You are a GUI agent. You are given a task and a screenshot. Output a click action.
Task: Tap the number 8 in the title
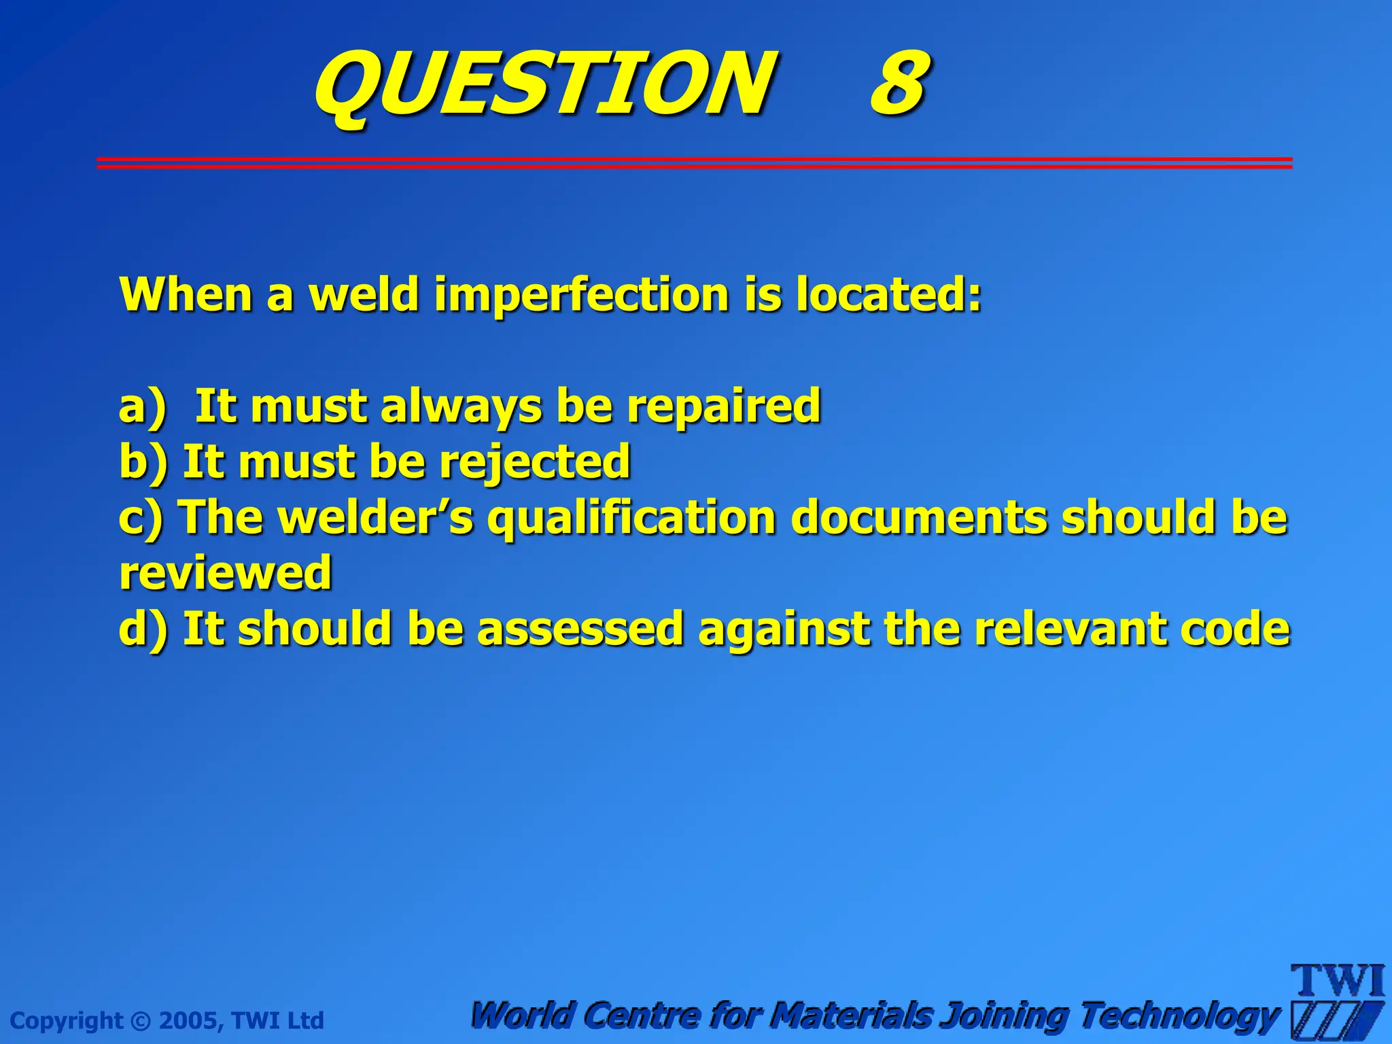pyautogui.click(x=899, y=85)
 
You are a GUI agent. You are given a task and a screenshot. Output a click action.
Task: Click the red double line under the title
pyautogui.click(x=693, y=162)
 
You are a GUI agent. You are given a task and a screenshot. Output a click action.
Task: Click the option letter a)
pyautogui.click(x=142, y=406)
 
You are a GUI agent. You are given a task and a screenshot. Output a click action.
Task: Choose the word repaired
pyautogui.click(x=723, y=406)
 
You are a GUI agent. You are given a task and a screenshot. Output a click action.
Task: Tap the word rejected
pyautogui.click(x=535, y=462)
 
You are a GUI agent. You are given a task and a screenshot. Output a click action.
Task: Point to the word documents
pyautogui.click(x=919, y=518)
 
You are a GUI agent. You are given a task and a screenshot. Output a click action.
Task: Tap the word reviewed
pyautogui.click(x=225, y=573)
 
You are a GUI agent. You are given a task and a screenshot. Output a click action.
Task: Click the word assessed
pyautogui.click(x=580, y=629)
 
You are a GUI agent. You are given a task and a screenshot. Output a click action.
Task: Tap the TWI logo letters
pyautogui.click(x=1337, y=981)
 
